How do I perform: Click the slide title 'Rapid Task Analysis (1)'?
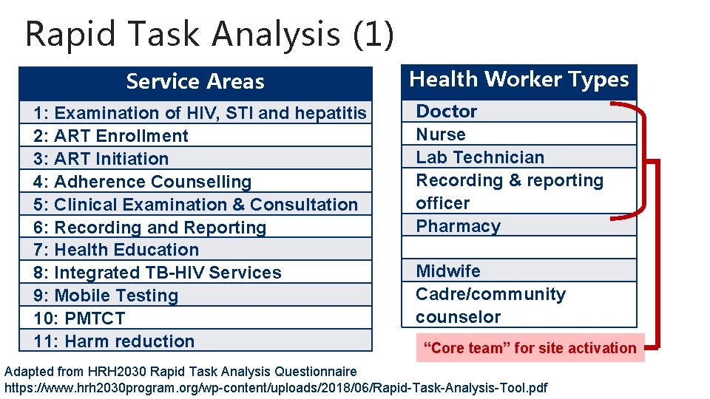click(x=209, y=34)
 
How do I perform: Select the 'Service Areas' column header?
click(x=195, y=81)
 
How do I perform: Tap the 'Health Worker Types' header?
click(x=518, y=79)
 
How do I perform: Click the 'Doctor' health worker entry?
click(x=447, y=112)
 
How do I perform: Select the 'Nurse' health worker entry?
click(x=441, y=134)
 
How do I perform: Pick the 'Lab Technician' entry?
click(x=480, y=157)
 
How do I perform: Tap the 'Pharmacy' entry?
click(x=459, y=226)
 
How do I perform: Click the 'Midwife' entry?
click(x=448, y=271)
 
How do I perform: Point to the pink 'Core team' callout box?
click(x=530, y=348)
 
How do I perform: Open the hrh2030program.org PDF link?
click(x=277, y=387)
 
